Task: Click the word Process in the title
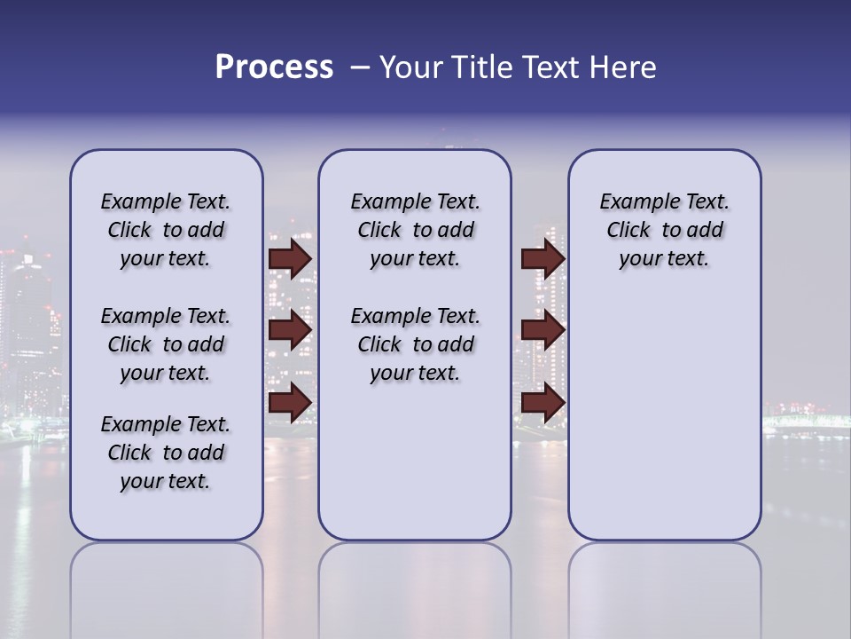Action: [273, 67]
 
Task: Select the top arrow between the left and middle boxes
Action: [290, 258]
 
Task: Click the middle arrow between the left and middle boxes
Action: [290, 330]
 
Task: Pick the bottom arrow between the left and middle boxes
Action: [290, 403]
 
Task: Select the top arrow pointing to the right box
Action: [543, 258]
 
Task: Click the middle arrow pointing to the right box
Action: [543, 330]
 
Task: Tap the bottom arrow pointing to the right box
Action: [543, 403]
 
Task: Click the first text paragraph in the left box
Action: [166, 230]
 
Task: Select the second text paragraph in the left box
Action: [166, 344]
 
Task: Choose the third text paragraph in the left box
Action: [166, 453]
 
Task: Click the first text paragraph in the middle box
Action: [415, 230]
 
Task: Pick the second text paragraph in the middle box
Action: [415, 344]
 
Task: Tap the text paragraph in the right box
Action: [664, 230]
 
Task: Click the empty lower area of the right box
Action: [664, 417]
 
